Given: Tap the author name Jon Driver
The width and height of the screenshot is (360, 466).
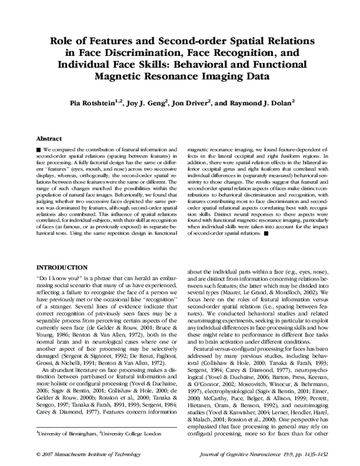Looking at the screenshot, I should [x=190, y=103].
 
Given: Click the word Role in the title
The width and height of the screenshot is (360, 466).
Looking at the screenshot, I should [x=66, y=40].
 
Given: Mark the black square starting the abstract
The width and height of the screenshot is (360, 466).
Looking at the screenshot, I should [x=39, y=148].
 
